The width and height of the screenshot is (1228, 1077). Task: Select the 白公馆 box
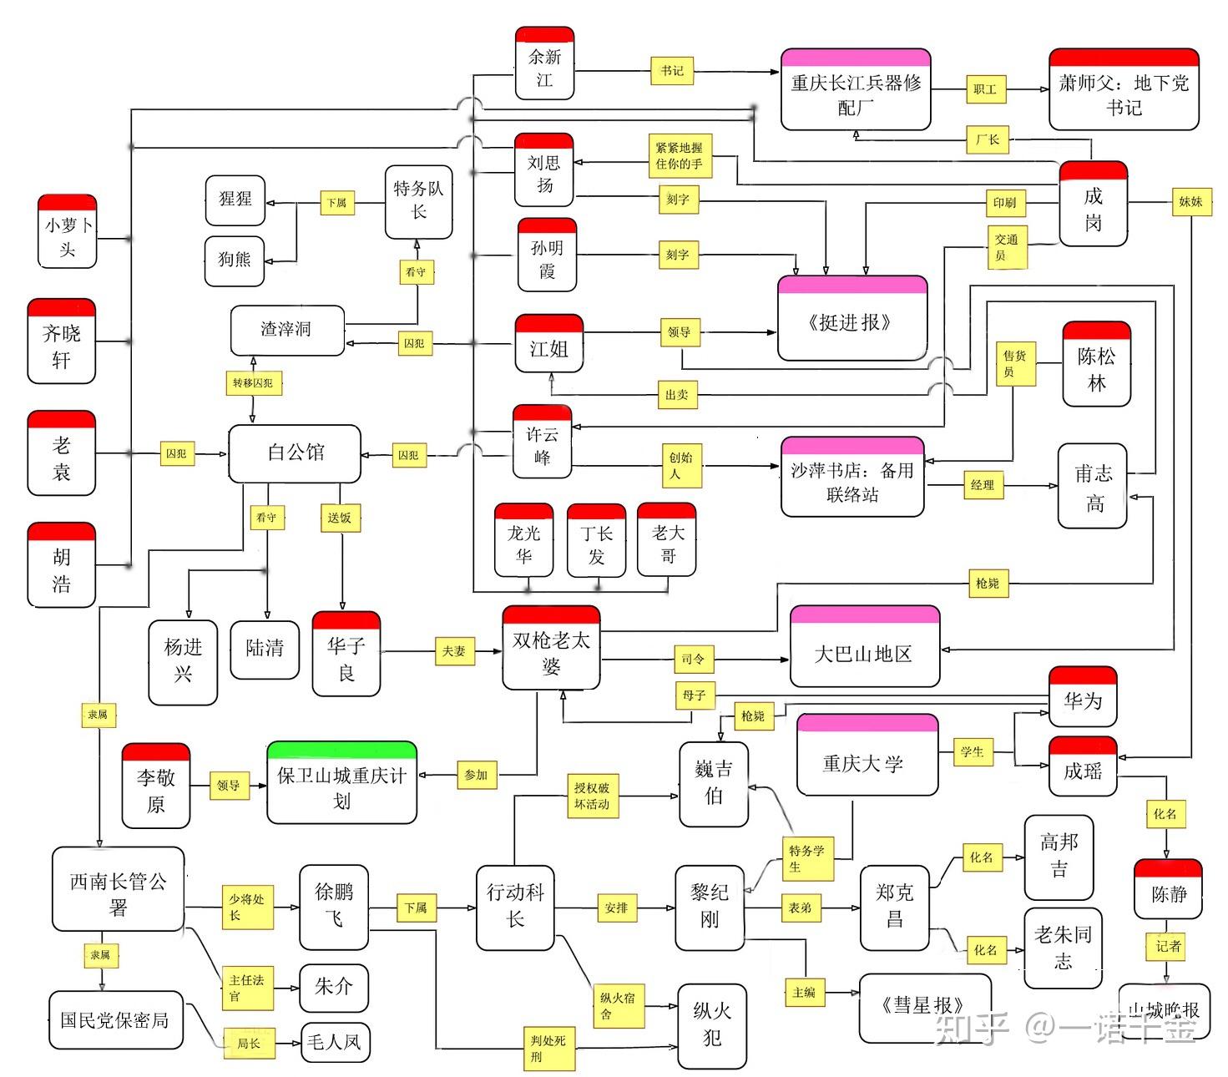pos(295,453)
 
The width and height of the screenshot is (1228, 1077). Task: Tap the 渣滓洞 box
pos(287,331)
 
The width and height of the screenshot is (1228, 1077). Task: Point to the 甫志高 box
pos(1093,487)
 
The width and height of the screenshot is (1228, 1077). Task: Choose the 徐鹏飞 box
pos(334,907)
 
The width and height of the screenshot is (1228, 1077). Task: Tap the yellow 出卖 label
pos(677,395)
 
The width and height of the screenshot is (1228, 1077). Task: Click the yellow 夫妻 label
pos(454,651)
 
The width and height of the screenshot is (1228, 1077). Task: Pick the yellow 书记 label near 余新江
pos(672,72)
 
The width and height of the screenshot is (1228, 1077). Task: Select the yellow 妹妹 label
pos(1190,201)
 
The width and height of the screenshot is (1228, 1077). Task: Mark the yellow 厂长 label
pos(988,139)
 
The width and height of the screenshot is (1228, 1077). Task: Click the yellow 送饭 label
pos(340,518)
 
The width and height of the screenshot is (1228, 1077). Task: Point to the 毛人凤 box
pos(334,1042)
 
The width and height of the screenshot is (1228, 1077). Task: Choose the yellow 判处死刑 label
pos(548,1049)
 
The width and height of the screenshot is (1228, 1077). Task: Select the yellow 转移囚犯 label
pos(254,383)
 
